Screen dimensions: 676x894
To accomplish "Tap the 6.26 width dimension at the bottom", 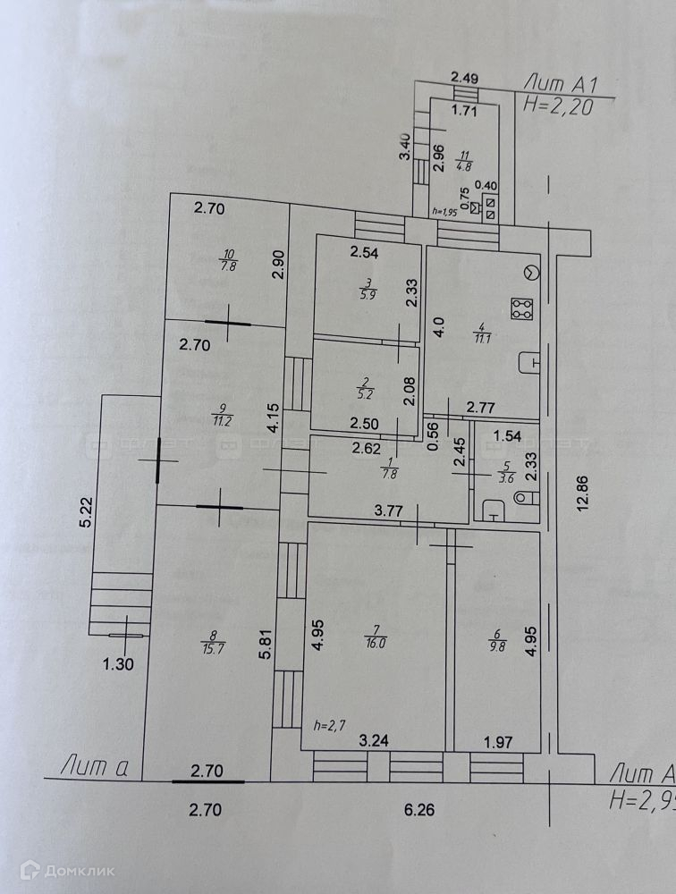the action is tap(418, 811).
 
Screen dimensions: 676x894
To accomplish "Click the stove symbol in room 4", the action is tap(520, 309).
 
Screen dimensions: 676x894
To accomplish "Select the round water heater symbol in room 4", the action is tap(531, 273).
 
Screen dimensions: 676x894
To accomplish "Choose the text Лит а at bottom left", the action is tap(93, 765).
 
